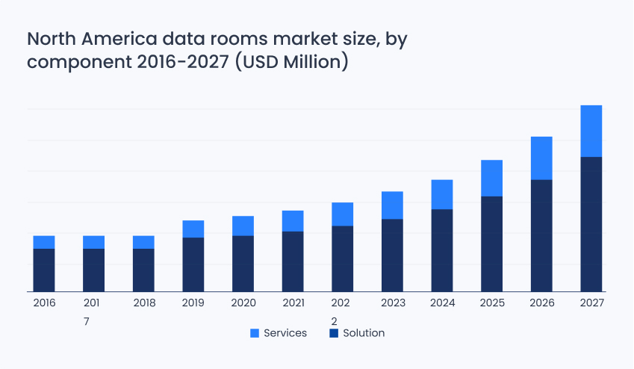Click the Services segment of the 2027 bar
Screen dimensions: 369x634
[591, 131]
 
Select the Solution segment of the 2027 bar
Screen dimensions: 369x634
[591, 224]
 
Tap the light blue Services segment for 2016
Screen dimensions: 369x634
[44, 242]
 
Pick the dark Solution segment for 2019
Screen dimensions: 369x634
[193, 264]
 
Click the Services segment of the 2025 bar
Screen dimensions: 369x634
[491, 178]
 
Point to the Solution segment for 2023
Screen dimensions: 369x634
[392, 255]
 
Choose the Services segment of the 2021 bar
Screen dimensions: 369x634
[293, 221]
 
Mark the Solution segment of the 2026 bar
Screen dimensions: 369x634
[541, 235]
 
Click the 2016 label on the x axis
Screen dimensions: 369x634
[44, 303]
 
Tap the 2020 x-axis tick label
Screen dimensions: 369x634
[243, 303]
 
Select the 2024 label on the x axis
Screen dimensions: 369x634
[442, 303]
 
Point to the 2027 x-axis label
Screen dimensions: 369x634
[591, 303]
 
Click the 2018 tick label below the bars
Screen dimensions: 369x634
[143, 303]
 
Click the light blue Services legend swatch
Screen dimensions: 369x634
[254, 333]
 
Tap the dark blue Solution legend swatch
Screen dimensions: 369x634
[334, 333]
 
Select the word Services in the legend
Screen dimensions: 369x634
[285, 333]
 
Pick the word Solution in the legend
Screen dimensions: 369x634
[364, 333]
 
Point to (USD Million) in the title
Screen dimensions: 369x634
[292, 62]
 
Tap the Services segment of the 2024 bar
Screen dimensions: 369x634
[442, 194]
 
